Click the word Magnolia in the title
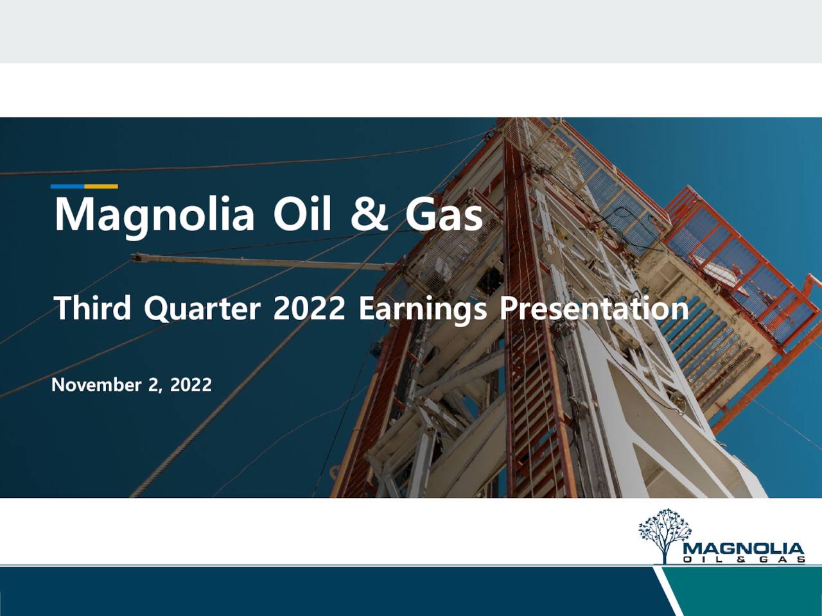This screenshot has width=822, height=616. coord(154,216)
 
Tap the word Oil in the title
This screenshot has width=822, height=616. coord(302,214)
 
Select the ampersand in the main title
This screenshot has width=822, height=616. coord(369,214)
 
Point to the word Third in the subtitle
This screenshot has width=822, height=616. coord(92,308)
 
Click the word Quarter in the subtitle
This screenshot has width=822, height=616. coord(202,309)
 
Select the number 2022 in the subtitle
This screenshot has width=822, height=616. coord(309,308)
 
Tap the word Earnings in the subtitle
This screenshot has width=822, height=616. coord(423,309)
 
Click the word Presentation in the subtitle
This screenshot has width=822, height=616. coord(594,308)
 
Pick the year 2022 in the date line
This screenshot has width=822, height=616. coord(191,384)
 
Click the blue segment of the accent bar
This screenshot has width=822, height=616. coord(67,187)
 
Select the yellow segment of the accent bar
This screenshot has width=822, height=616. coord(101,187)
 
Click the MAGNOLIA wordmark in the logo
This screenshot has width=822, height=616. coord(744,549)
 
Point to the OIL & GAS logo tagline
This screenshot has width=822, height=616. coord(744,560)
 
